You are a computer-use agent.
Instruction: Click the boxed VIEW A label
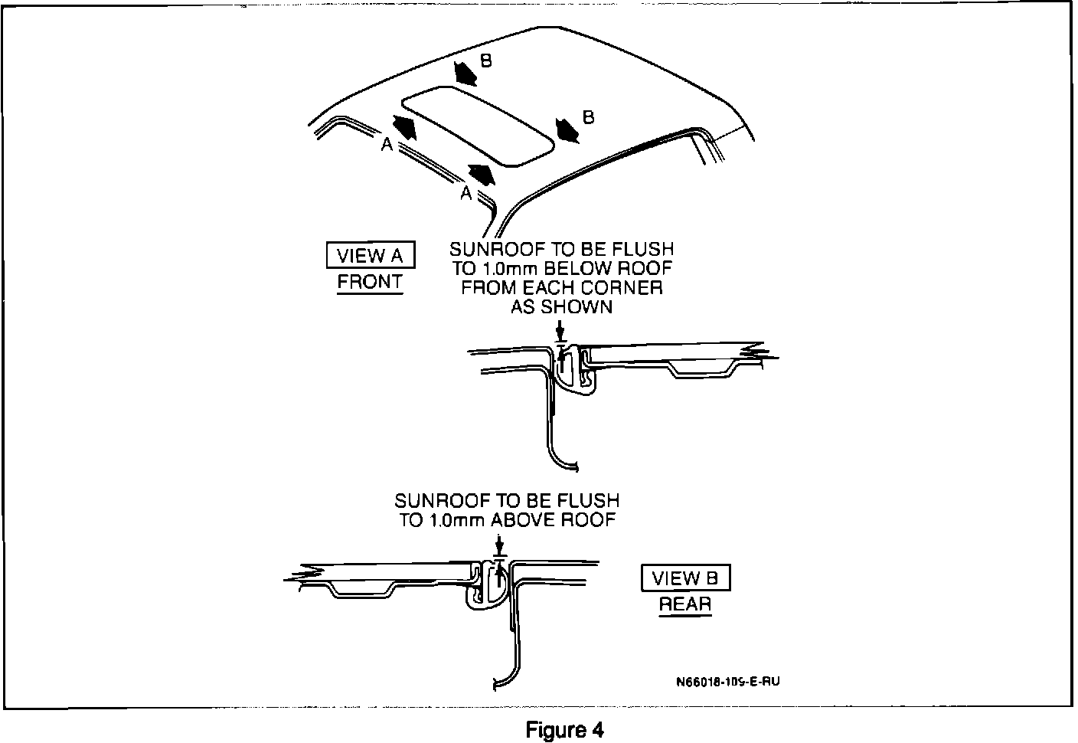(370, 256)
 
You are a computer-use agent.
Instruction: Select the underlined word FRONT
(370, 282)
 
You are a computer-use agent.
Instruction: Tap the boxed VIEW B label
(685, 578)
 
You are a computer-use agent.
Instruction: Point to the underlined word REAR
(685, 604)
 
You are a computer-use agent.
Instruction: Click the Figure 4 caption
(565, 730)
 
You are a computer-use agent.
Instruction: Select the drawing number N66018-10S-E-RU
(728, 680)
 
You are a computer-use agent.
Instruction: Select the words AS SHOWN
(562, 307)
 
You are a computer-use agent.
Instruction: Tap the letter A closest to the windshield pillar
(465, 195)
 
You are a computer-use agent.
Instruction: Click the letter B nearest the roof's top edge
(485, 61)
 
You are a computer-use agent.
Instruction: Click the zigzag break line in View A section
(762, 354)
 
